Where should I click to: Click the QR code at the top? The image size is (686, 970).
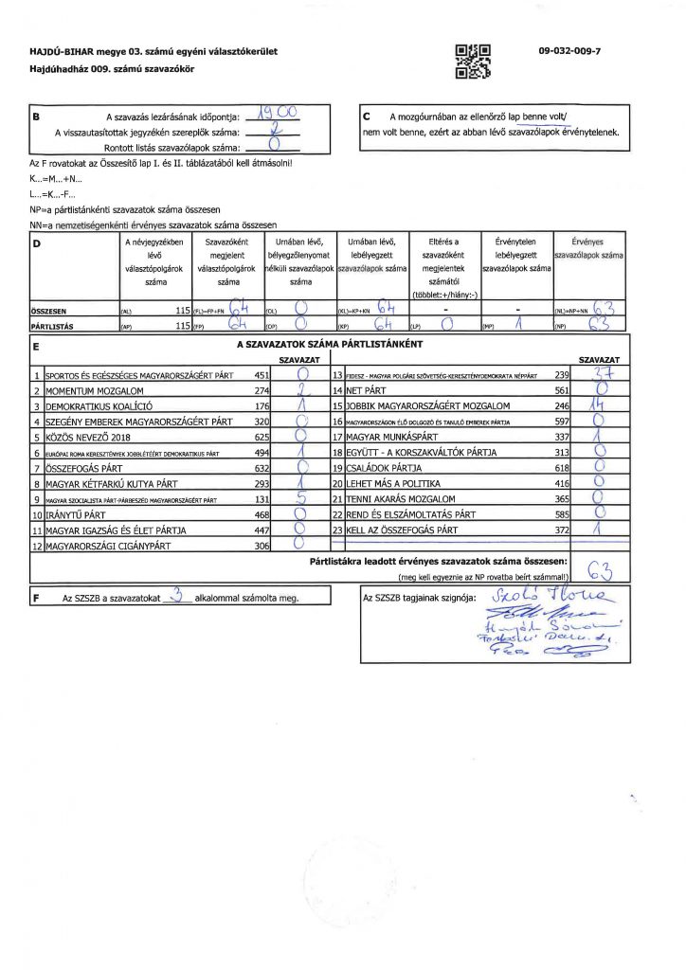point(473,60)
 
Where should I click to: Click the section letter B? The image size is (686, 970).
point(36,117)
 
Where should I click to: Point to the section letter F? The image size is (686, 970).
point(36,599)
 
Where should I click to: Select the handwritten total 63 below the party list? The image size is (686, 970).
point(601,569)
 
